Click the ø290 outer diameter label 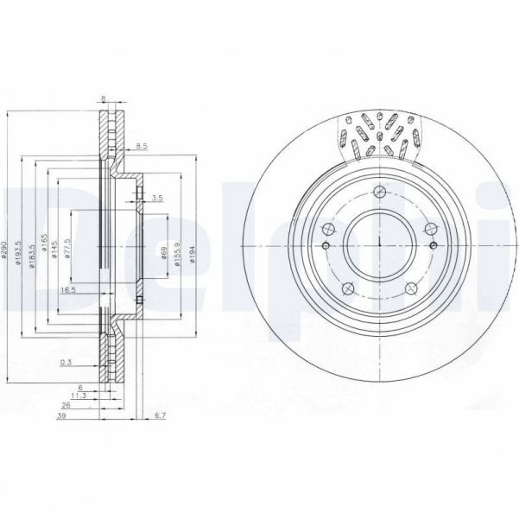7,251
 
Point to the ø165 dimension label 43,251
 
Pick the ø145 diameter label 54,251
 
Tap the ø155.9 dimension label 178,251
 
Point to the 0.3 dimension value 66,363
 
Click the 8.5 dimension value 142,147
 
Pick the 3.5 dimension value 156,199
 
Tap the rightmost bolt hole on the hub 429,229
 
